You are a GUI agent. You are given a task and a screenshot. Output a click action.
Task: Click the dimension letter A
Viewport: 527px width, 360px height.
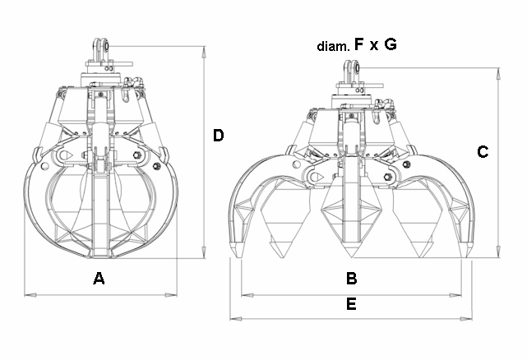coord(99,279)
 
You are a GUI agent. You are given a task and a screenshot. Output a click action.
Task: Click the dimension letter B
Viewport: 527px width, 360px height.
coord(352,279)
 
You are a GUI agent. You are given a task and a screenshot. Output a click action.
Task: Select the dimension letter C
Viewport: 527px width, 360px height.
coord(483,152)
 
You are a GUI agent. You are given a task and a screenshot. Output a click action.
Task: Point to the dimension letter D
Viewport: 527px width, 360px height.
coord(218,136)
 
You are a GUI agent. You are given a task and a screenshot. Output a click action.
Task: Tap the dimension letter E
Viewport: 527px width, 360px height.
coord(351,304)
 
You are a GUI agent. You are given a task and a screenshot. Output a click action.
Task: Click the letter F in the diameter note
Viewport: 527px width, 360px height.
coord(359,44)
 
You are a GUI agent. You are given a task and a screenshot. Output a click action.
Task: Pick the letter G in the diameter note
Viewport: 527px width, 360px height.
coord(391,44)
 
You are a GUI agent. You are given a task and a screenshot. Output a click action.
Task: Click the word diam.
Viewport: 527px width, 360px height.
coord(333,46)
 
